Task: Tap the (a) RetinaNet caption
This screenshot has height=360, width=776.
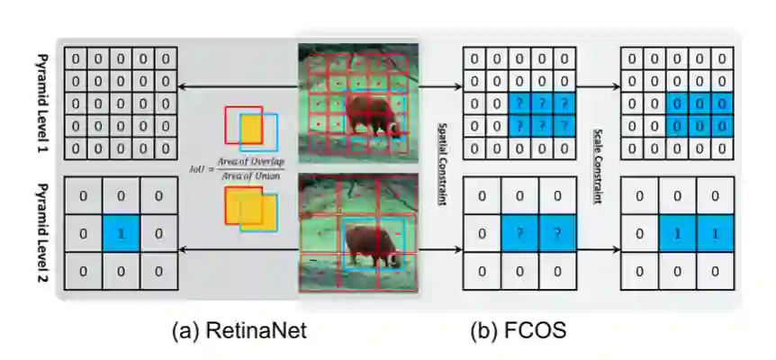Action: coord(239,330)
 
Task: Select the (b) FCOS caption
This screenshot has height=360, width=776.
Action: coord(518,330)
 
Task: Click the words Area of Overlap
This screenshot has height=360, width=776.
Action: coord(251,159)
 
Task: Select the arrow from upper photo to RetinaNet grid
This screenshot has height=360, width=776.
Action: coord(238,87)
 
